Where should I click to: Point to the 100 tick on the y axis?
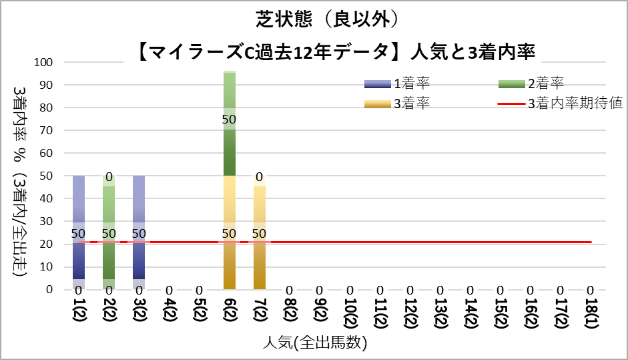click(53, 62)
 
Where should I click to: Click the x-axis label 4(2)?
click(170, 313)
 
